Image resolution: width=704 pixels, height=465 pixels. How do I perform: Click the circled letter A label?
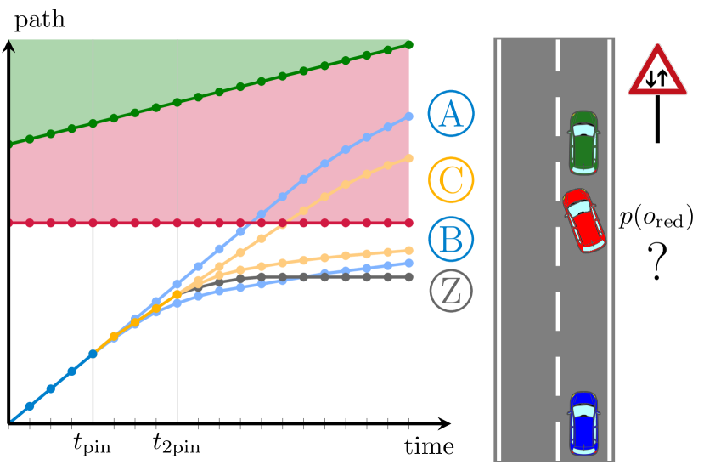click(x=451, y=114)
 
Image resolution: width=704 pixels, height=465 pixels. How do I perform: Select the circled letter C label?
click(x=451, y=180)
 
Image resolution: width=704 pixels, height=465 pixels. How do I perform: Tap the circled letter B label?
click(x=451, y=239)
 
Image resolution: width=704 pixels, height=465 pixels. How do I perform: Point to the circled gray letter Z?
click(x=451, y=291)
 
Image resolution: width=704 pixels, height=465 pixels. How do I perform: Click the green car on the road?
click(x=583, y=142)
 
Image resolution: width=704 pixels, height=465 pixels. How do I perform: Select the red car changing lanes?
click(x=583, y=221)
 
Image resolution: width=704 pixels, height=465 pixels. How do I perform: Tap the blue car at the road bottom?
click(x=583, y=423)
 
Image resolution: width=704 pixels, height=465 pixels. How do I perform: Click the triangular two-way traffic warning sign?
click(x=657, y=72)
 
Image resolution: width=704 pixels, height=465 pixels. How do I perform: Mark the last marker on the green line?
click(x=408, y=44)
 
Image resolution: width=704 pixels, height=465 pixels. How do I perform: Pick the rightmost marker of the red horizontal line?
click(x=408, y=223)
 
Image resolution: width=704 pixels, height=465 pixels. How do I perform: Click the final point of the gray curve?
click(x=408, y=276)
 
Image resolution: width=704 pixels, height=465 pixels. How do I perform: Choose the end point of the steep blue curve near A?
click(x=408, y=116)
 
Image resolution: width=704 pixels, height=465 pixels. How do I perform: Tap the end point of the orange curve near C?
click(x=408, y=157)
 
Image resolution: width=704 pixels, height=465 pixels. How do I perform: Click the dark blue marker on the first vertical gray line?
click(x=93, y=354)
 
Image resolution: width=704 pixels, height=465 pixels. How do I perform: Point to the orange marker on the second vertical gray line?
click(x=177, y=295)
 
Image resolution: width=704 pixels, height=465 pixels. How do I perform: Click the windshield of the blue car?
click(x=583, y=411)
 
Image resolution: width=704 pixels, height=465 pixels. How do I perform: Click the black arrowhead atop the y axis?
click(x=11, y=45)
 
